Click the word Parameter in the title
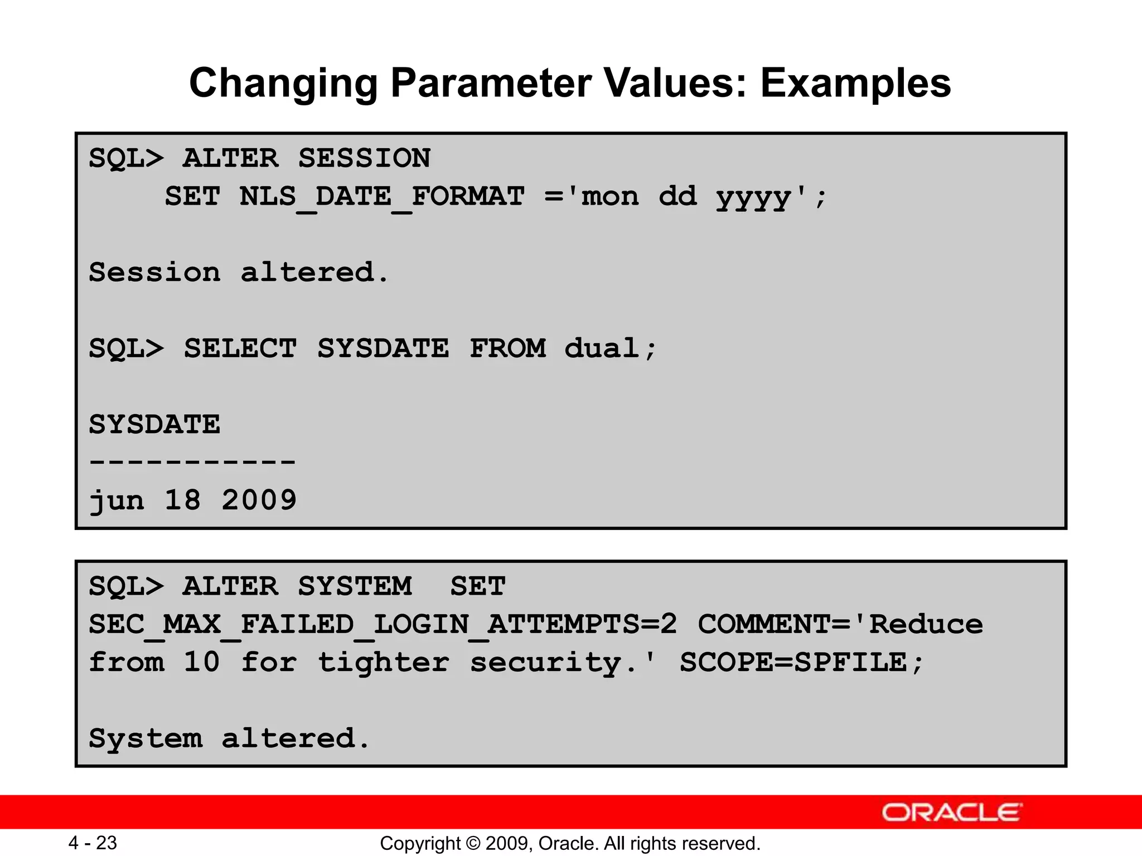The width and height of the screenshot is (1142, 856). coord(491,83)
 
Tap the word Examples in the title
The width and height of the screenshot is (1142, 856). coord(855,83)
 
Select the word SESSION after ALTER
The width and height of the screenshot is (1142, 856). coord(364,158)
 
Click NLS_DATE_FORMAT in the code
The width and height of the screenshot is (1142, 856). coord(382,197)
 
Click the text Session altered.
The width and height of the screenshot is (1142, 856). coord(238,273)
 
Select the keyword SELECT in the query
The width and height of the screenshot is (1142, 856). coord(240,349)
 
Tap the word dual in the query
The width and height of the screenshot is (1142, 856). coord(602,349)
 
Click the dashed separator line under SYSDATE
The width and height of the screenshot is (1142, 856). coord(192,462)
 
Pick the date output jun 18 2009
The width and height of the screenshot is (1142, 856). coord(192,500)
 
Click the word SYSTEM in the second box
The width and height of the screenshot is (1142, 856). coord(355,586)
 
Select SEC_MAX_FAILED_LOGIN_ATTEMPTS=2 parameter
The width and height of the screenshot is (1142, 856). coord(383,624)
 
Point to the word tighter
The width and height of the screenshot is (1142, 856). coord(384,663)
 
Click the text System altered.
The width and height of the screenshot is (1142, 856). coord(229,738)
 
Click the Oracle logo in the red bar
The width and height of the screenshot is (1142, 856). coord(952,813)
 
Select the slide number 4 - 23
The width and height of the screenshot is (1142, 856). coord(93,843)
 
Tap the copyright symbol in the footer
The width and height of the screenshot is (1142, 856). coord(473,843)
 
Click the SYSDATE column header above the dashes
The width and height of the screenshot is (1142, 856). coord(154,425)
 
